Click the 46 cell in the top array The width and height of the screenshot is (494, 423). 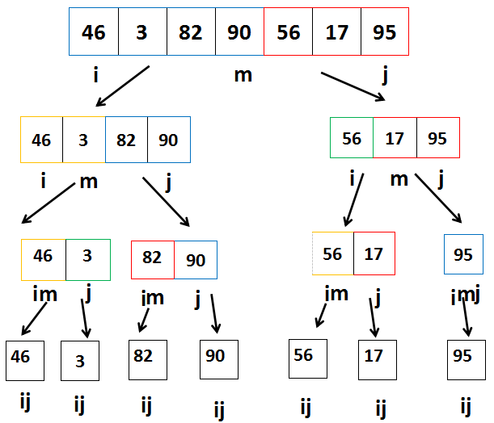(94, 31)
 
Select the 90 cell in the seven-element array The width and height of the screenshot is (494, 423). (239, 31)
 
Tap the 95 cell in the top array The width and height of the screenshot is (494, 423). (385, 31)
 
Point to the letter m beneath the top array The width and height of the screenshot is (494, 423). (243, 75)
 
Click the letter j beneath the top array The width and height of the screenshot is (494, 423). (384, 77)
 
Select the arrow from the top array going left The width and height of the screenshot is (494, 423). (123, 86)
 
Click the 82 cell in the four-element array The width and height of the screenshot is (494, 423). (126, 140)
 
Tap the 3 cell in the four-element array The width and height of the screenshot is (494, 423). (84, 140)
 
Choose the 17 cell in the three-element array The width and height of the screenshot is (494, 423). (395, 138)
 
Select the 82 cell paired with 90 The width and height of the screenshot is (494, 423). (152, 259)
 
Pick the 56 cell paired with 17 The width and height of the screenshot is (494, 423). (332, 253)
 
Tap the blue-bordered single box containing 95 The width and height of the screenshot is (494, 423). (463, 254)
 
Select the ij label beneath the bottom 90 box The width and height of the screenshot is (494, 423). (219, 409)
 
